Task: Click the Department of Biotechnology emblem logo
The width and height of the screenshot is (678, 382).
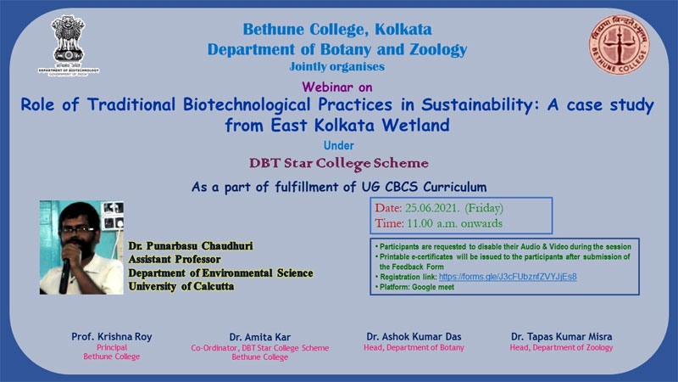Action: tap(69, 46)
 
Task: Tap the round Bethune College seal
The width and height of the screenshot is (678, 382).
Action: tap(619, 45)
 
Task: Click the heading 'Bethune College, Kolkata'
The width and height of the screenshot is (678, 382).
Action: tap(337, 29)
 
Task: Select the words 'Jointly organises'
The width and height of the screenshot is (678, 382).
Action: tap(336, 66)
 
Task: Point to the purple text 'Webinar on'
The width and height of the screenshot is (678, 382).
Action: tap(337, 87)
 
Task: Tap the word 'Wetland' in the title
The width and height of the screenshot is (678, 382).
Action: tap(415, 125)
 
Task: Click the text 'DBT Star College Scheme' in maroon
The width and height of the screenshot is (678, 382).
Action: tap(338, 163)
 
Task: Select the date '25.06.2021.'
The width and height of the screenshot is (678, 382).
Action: tap(433, 208)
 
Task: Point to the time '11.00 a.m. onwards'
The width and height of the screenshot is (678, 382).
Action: tap(454, 223)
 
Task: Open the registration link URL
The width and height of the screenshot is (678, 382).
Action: tap(508, 277)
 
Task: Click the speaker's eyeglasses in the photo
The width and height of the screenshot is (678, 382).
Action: tap(78, 229)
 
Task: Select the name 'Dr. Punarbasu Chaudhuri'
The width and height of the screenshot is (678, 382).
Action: tap(191, 246)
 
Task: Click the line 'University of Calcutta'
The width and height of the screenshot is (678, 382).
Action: tap(181, 286)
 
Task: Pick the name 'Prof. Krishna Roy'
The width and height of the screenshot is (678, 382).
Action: tap(112, 336)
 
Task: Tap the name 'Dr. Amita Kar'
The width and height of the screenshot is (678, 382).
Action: tap(260, 337)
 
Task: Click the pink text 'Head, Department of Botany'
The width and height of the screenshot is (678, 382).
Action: tap(414, 347)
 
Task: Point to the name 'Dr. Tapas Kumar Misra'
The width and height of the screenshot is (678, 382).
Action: tap(562, 336)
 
